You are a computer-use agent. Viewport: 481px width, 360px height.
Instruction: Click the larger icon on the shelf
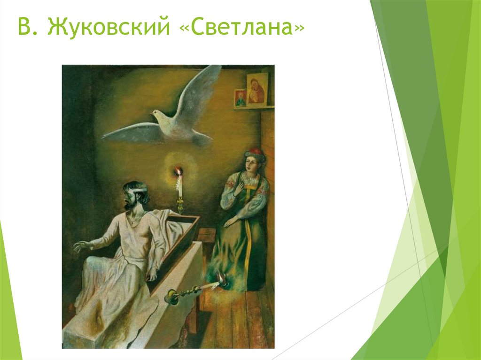click(x=256, y=89)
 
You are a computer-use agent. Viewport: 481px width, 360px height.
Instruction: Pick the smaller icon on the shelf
click(x=240, y=98)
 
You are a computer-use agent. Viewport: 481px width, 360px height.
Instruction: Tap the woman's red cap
click(x=254, y=152)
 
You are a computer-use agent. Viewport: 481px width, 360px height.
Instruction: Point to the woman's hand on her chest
click(x=239, y=189)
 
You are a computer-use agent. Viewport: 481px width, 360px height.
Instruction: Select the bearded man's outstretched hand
click(x=81, y=246)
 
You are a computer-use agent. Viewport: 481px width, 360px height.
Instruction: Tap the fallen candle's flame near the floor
click(x=222, y=282)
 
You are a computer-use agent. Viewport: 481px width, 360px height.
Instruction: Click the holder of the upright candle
click(x=179, y=205)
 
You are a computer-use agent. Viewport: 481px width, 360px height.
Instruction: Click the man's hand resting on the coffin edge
click(x=152, y=275)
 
